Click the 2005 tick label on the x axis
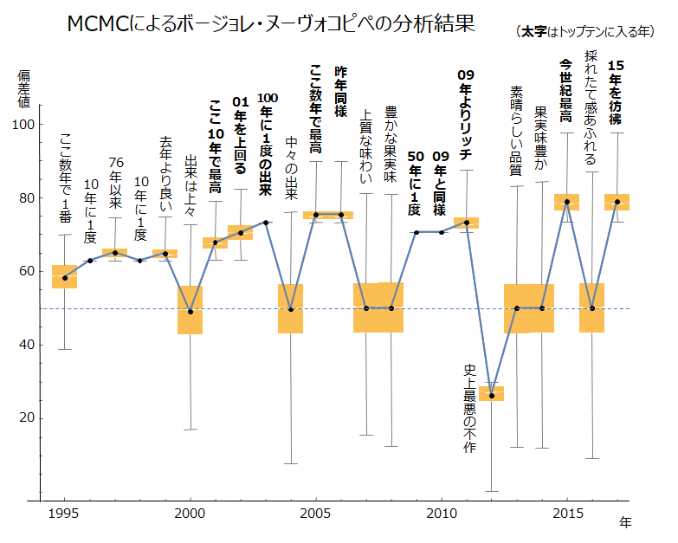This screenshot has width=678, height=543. point(315,514)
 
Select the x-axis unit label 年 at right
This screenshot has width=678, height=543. point(625,522)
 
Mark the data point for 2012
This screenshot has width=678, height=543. point(492,396)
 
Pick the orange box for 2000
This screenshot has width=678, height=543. point(190,309)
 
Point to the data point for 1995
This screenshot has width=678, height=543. point(64,278)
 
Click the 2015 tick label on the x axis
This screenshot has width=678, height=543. point(567,514)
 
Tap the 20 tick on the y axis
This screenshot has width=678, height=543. point(27,418)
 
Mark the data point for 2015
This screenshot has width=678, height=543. point(567,203)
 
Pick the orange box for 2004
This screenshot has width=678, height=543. point(290,308)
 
